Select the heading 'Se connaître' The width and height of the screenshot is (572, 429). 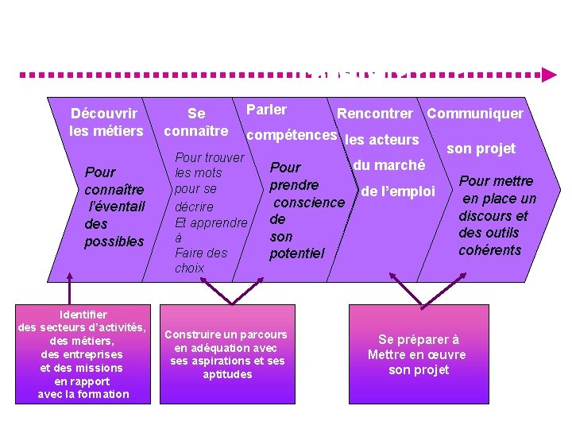click(195, 122)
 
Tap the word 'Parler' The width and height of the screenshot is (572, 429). click(267, 110)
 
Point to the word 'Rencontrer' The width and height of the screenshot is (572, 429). click(375, 114)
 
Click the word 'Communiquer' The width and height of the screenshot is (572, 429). click(475, 114)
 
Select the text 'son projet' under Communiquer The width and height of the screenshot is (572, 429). click(481, 148)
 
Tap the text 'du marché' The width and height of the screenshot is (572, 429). click(388, 165)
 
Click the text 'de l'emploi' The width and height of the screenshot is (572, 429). click(398, 191)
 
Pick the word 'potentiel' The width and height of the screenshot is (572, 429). click(297, 253)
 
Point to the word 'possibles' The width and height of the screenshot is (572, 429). click(114, 241)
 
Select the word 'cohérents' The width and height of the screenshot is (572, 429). click(489, 250)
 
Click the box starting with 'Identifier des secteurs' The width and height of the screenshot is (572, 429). click(83, 354)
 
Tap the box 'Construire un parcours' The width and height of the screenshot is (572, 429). click(226, 354)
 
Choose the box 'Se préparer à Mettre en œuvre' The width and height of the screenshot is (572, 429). click(417, 354)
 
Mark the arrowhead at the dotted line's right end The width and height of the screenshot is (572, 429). click(549, 75)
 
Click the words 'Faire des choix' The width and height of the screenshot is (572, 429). click(200, 261)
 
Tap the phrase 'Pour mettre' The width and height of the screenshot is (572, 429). click(497, 181)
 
